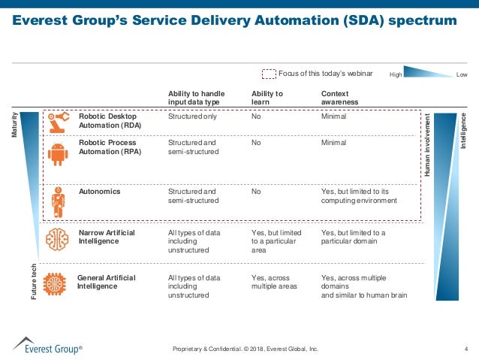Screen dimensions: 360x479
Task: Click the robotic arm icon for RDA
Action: (x=57, y=120)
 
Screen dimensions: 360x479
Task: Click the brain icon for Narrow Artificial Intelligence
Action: (x=57, y=241)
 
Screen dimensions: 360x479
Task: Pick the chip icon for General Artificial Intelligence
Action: (x=56, y=285)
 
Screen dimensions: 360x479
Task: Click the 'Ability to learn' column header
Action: (x=267, y=98)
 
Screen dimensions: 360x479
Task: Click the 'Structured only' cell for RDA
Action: (x=191, y=117)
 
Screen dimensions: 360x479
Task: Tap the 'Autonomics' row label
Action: (x=99, y=192)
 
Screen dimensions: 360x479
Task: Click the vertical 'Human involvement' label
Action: (x=427, y=147)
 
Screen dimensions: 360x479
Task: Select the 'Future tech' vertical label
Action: (x=34, y=283)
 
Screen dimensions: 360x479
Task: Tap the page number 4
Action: (x=466, y=349)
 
